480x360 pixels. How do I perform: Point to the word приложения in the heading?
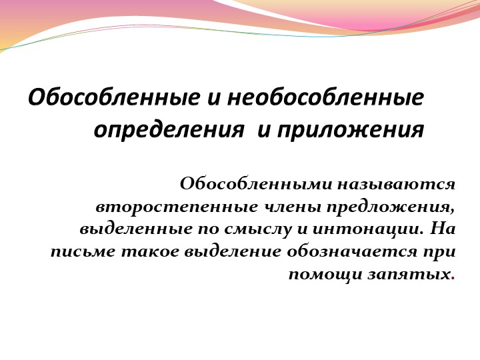(349, 129)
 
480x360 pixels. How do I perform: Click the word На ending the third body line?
(443, 229)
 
